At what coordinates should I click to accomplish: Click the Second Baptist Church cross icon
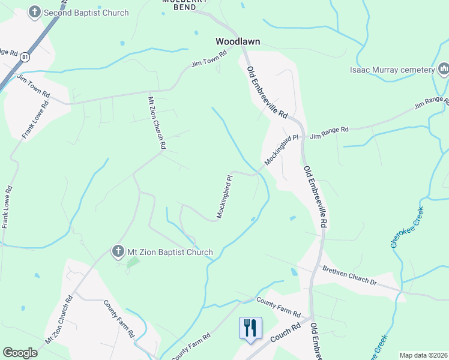point(35,12)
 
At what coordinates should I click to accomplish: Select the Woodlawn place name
point(237,42)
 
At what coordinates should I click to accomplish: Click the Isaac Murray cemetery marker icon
point(444,70)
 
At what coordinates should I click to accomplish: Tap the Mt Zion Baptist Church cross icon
point(118,251)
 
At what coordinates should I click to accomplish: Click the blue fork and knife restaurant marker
point(251,328)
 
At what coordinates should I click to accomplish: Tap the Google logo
point(20,352)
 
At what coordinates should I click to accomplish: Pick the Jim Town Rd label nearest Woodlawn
point(208,59)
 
